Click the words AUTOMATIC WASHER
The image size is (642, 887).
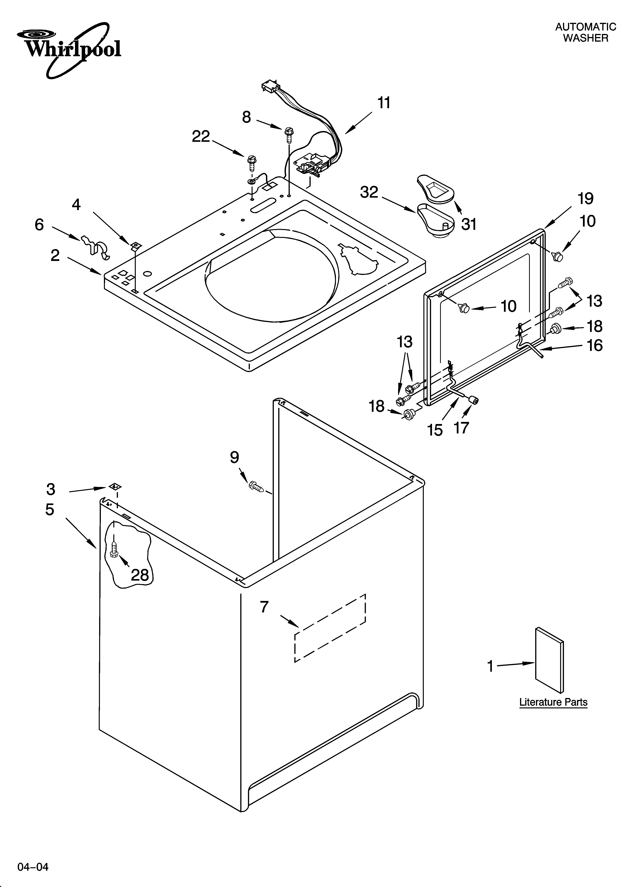pos(585,32)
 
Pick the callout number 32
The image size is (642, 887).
pos(369,192)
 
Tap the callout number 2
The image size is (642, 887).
pos(55,255)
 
